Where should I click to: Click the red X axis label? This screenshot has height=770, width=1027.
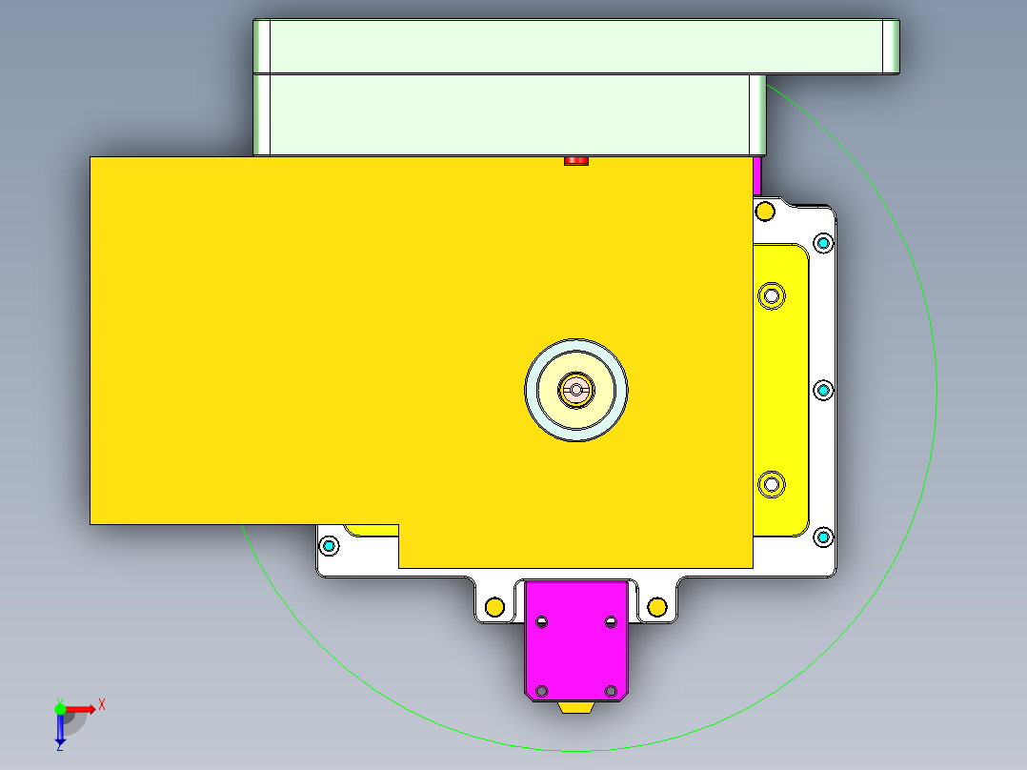click(102, 704)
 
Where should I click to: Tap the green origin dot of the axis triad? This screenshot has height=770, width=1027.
click(60, 709)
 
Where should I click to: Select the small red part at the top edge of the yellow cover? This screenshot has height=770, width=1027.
click(575, 160)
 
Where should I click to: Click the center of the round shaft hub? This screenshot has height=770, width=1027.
click(575, 388)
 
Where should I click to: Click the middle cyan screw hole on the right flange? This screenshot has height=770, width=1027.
click(823, 390)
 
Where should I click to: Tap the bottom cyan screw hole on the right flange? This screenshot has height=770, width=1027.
click(823, 537)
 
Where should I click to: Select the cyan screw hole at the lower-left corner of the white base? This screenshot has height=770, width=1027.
click(330, 546)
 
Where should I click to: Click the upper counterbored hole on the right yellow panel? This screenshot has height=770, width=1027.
click(770, 294)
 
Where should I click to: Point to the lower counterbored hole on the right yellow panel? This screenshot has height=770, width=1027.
click(770, 485)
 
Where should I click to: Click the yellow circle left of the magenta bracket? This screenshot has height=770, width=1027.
click(494, 606)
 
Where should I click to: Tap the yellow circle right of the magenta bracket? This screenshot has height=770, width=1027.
click(656, 606)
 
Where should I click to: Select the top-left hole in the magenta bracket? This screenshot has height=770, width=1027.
click(542, 622)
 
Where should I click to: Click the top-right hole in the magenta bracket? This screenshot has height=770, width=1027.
click(611, 622)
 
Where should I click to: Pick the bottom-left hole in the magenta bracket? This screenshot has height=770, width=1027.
click(542, 690)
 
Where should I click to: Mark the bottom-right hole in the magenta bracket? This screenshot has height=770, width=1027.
click(611, 690)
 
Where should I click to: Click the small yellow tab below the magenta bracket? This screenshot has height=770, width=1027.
click(576, 707)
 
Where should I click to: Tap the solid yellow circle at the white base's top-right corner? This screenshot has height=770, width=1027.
click(764, 210)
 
